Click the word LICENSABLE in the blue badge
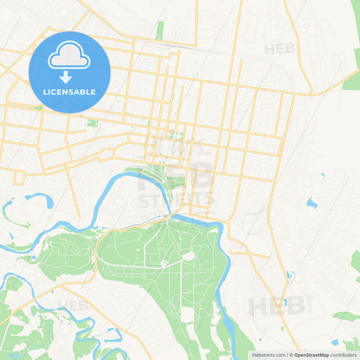pyautogui.click(x=70, y=92)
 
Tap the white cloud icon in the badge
pyautogui.click(x=70, y=57)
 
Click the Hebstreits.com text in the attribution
pyautogui.click(x=268, y=355)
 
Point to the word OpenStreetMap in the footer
pyautogui.click(x=311, y=355)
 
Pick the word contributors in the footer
pyautogui.click(x=343, y=355)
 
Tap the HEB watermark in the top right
pyautogui.click(x=280, y=49)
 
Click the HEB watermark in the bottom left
pyautogui.click(x=73, y=305)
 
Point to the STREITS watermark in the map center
pyautogui.click(x=176, y=200)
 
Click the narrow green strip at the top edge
pyautogui.click(x=160, y=30)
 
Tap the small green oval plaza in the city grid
pyautogui.click(x=175, y=135)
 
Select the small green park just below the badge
pyautogui.click(x=93, y=124)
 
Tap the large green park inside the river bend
pyautogui.click(x=162, y=263)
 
